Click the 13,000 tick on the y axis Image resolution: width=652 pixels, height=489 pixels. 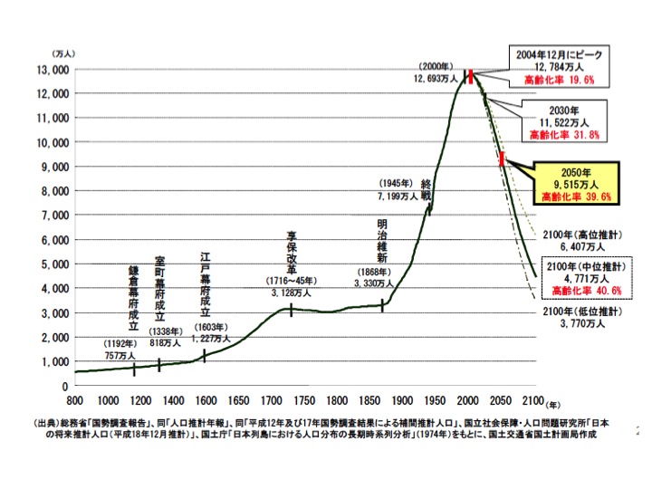tap(53, 70)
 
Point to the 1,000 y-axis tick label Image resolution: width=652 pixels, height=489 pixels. tap(53, 360)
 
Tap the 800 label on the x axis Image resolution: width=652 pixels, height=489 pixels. tap(75, 400)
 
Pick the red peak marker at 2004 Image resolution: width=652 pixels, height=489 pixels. tap(471, 76)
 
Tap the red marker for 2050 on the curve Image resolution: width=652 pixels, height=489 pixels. tap(502, 159)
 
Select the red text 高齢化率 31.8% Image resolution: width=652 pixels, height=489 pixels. tap(570, 134)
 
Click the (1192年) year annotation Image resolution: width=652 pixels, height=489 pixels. tap(120, 345)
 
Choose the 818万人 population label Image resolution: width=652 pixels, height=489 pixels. tap(167, 343)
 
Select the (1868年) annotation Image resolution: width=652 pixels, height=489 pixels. tap(373, 272)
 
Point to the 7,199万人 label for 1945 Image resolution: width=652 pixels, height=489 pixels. tap(396, 195)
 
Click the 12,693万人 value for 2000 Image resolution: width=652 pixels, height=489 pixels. tap(437, 80)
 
